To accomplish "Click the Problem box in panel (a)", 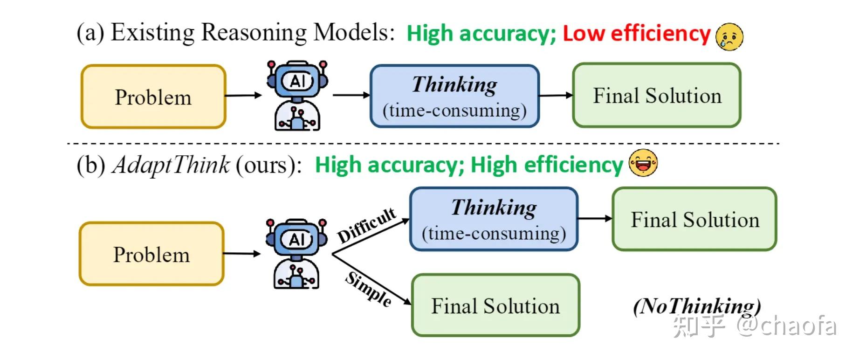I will click(153, 97).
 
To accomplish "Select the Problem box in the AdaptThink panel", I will click(151, 254).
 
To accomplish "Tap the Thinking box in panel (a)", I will click(454, 96).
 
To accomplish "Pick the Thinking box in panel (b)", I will click(494, 219).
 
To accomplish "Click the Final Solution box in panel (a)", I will click(656, 96).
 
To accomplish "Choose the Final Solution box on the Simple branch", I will click(495, 305).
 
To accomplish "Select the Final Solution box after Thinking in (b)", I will click(694, 219).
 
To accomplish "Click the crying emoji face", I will click(729, 36).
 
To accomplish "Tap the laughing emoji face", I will click(643, 163).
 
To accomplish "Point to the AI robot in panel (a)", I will click(297, 96).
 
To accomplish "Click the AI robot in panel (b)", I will click(296, 253).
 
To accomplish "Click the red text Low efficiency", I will click(636, 34).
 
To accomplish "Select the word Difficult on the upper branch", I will click(367, 225).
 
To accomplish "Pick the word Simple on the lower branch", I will click(368, 289).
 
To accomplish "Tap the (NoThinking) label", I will click(697, 306).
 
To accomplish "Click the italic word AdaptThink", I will click(171, 165).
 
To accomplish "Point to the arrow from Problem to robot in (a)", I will click(243, 96).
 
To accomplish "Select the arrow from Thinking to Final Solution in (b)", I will click(595, 218).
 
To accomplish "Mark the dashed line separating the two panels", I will click(419, 144).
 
